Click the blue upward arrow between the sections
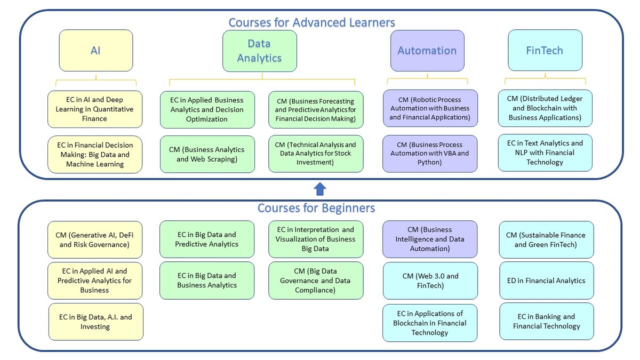[320, 189]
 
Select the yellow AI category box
[95, 51]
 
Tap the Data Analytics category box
[259, 51]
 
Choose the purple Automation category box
[427, 51]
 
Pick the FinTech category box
[545, 51]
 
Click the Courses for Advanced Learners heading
[311, 22]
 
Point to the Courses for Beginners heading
[316, 207]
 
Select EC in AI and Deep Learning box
[95, 109]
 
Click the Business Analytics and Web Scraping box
[207, 154]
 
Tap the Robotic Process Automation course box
[430, 108]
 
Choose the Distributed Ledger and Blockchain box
[545, 108]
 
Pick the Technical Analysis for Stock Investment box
[316, 154]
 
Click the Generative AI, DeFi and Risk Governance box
[95, 239]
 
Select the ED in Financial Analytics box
[547, 281]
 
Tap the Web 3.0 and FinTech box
[430, 281]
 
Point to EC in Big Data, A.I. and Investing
[95, 322]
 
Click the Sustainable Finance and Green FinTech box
[547, 239]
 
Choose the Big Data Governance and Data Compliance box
[316, 281]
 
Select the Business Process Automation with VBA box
[430, 154]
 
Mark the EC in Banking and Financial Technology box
[547, 321]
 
